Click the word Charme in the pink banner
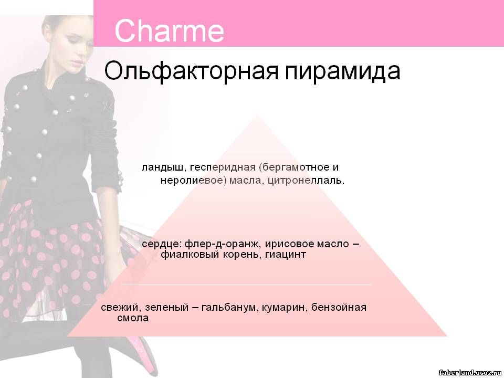click(169, 30)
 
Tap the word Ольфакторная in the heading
click(191, 71)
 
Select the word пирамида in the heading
click(343, 71)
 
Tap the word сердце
click(162, 244)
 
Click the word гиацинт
click(286, 255)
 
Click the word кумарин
click(285, 308)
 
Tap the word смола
click(133, 318)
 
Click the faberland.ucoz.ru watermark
click(470, 373)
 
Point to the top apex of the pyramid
click(257, 115)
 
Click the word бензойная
click(339, 307)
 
